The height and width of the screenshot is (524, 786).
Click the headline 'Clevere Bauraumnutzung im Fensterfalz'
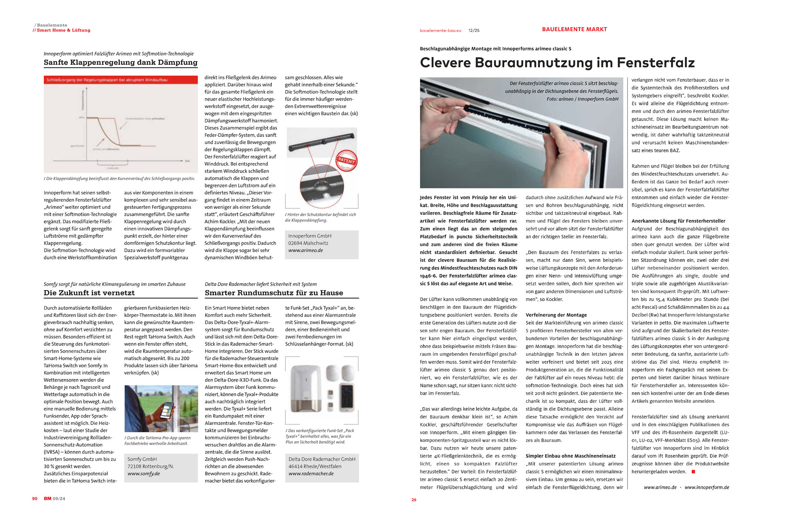pyautogui.click(x=557, y=63)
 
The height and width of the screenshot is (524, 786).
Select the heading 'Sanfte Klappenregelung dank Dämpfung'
pyautogui.click(x=120, y=62)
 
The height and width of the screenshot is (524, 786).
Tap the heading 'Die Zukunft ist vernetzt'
pyautogui.click(x=89, y=293)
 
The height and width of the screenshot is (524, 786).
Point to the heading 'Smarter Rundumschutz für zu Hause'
pyautogui.click(x=274, y=293)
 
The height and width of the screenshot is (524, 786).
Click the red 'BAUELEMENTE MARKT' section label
pyautogui.click(x=574, y=29)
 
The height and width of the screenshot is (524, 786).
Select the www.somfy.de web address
pyautogui.click(x=143, y=474)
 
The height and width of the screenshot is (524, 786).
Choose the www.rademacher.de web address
pyautogui.click(x=311, y=474)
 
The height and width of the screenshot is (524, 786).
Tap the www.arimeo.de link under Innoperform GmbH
pyautogui.click(x=305, y=251)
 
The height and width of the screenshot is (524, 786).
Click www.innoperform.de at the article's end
pyautogui.click(x=707, y=488)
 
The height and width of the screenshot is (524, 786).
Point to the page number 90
pyautogui.click(x=35, y=499)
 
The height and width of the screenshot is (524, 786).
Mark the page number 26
pyautogui.click(x=414, y=500)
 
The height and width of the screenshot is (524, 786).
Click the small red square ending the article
pyautogui.click(x=693, y=472)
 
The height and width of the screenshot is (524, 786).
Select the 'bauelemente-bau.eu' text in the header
pyautogui.click(x=440, y=31)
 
